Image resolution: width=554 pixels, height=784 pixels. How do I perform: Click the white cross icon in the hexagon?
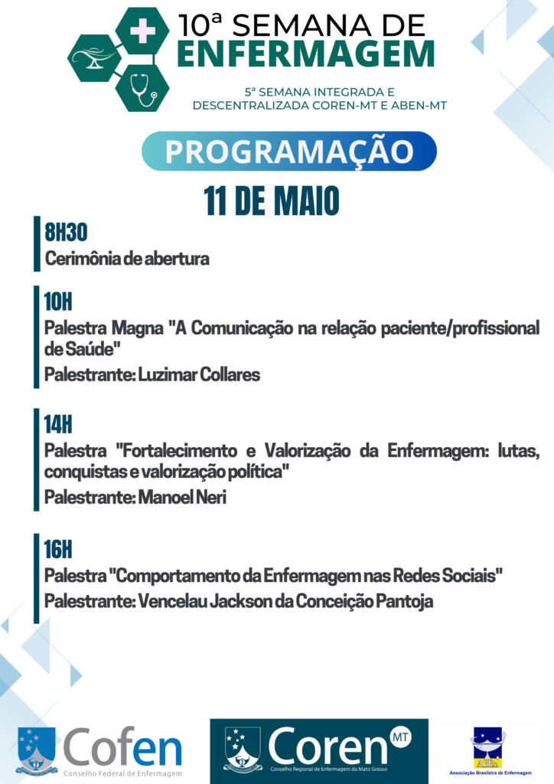point(142,31)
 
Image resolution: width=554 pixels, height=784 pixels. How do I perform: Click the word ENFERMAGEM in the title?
point(306,54)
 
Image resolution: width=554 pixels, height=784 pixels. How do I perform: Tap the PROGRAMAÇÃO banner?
point(289,151)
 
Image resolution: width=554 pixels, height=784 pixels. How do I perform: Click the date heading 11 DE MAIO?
point(271,201)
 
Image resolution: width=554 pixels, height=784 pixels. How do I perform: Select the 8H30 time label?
point(66,232)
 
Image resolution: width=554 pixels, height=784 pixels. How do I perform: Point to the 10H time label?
point(58,302)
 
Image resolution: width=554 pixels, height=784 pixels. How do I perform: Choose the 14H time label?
point(58,424)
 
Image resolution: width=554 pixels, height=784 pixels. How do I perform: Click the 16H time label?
point(58,550)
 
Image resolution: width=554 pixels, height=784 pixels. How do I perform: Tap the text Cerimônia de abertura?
point(127,259)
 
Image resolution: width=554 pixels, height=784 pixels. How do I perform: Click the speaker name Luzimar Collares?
point(199,374)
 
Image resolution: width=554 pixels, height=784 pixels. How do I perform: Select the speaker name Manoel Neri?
point(182,497)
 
